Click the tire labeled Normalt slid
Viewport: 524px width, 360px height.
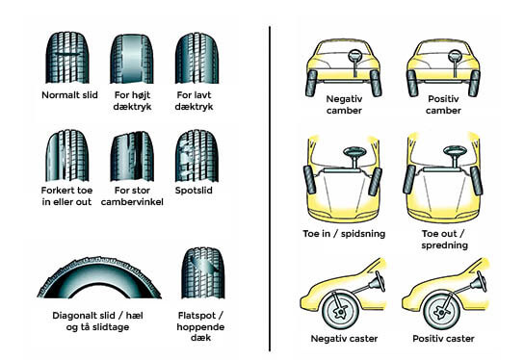pyautogui.click(x=67, y=58)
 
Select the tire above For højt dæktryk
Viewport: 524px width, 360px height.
pyautogui.click(x=132, y=59)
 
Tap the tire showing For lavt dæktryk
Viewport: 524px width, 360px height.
pyautogui.click(x=196, y=58)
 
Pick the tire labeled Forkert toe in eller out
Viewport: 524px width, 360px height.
pyautogui.click(x=67, y=155)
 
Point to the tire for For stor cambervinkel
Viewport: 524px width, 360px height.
pyautogui.click(x=132, y=156)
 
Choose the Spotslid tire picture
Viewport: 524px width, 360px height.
pyautogui.click(x=196, y=156)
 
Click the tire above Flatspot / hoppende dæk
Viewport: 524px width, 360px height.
pyautogui.click(x=203, y=272)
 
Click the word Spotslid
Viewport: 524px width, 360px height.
pyautogui.click(x=194, y=191)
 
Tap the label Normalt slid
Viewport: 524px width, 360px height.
pyautogui.click(x=69, y=95)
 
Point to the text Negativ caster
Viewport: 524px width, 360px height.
pyautogui.click(x=344, y=339)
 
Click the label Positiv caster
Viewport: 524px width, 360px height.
pyautogui.click(x=443, y=339)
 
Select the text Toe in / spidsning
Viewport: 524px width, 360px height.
pyautogui.click(x=344, y=234)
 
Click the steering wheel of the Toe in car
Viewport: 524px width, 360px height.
pyautogui.click(x=354, y=152)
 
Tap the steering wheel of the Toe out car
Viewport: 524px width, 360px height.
pyautogui.click(x=455, y=151)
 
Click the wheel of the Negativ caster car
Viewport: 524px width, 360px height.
pyautogui.click(x=340, y=311)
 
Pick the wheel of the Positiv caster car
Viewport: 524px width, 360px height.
pyautogui.click(x=441, y=311)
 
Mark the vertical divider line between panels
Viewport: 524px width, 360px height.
pyautogui.click(x=270, y=189)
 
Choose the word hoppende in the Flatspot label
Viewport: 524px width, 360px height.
pyautogui.click(x=200, y=327)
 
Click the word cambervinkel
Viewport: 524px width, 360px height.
pyautogui.click(x=132, y=202)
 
